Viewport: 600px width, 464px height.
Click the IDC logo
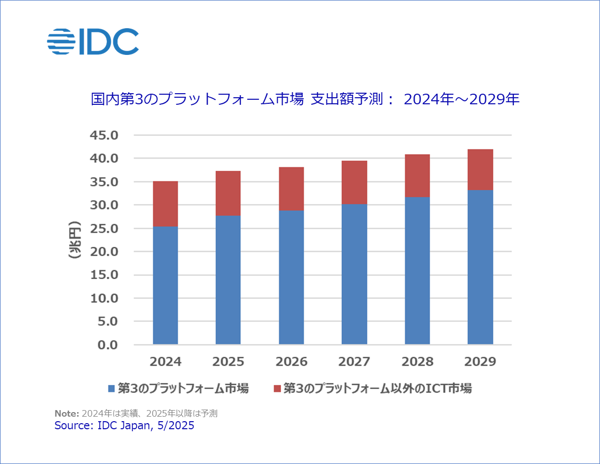pyautogui.click(x=93, y=41)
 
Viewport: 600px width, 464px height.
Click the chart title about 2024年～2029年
pyautogui.click(x=305, y=99)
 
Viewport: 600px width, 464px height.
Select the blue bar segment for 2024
pyautogui.click(x=165, y=285)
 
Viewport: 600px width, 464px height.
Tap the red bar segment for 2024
pyautogui.click(x=165, y=204)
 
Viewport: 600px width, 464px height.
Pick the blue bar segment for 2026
pyautogui.click(x=291, y=277)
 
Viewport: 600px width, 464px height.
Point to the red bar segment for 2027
pyautogui.click(x=354, y=182)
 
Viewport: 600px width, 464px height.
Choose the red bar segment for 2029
pyautogui.click(x=480, y=169)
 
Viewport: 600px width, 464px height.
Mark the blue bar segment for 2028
pyautogui.click(x=417, y=271)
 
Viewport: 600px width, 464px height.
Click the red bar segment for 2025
pyautogui.click(x=228, y=193)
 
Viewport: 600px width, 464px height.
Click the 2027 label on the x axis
pyautogui.click(x=354, y=362)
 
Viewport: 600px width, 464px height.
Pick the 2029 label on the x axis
pyautogui.click(x=480, y=362)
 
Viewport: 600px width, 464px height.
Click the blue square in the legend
pyautogui.click(x=112, y=388)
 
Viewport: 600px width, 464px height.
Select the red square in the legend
pyautogui.click(x=277, y=388)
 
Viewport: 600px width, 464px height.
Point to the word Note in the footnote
pyautogui.click(x=66, y=414)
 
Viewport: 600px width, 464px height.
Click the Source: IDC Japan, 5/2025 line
pyautogui.click(x=124, y=426)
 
